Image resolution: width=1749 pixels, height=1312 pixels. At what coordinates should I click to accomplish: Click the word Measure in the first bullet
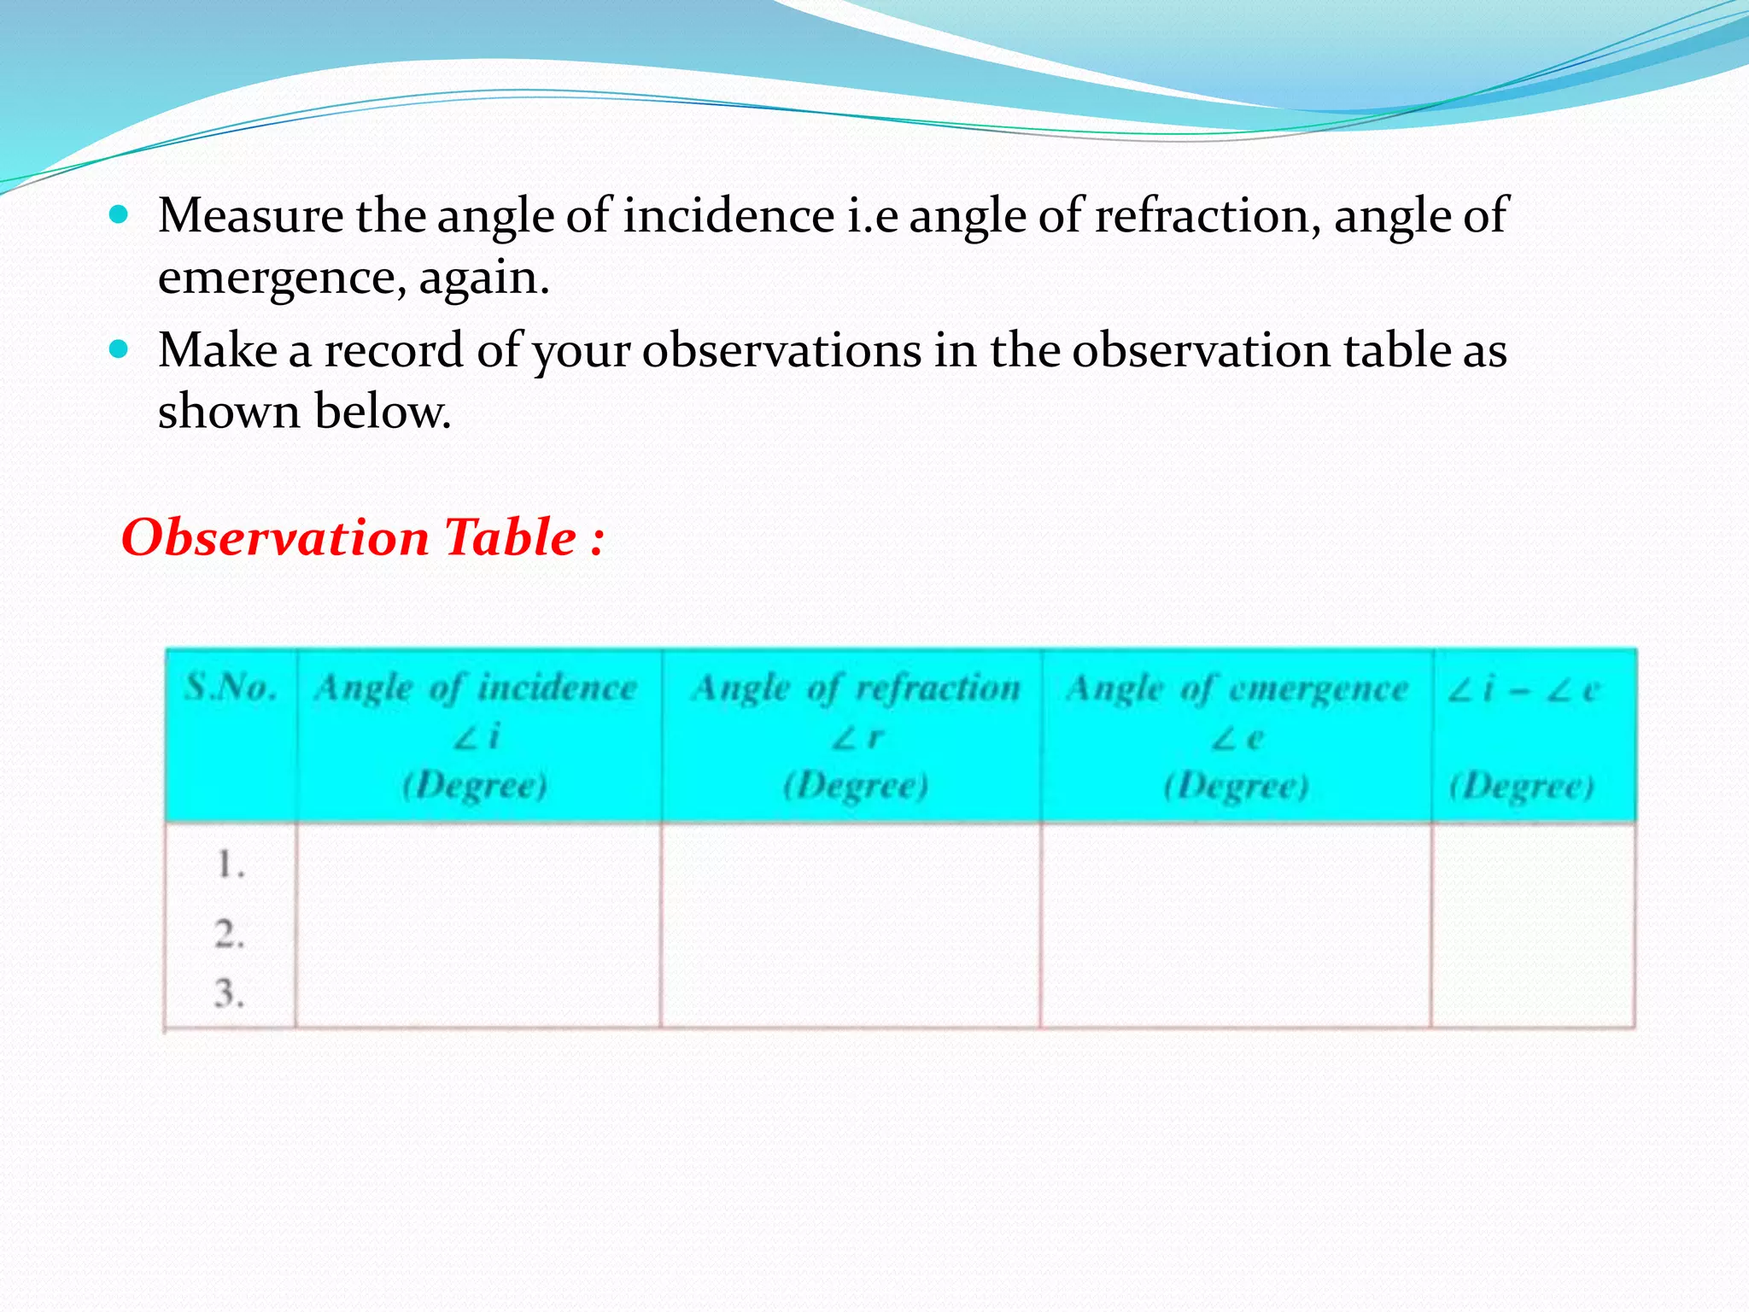coord(250,215)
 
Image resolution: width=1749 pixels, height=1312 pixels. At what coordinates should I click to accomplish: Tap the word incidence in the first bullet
coord(728,215)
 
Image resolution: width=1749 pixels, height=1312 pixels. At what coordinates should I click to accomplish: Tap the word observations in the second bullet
coord(781,350)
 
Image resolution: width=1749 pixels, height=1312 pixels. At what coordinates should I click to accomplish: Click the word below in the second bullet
coord(383,412)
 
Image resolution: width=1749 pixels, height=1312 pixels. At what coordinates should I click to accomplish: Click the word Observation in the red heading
coord(275,537)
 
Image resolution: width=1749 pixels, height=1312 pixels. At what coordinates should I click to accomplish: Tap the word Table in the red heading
coord(511,537)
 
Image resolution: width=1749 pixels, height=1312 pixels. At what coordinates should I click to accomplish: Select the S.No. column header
coord(231,687)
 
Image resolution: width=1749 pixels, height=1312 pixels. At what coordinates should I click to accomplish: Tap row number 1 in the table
coord(230,865)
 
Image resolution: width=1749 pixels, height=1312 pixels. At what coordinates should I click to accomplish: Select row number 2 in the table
coord(230,934)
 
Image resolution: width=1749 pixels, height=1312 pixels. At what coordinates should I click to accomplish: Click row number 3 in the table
coord(230,993)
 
